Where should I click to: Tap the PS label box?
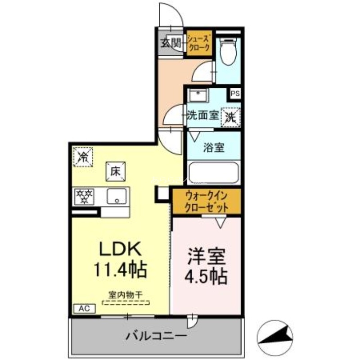(234, 94)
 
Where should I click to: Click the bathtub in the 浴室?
(214, 172)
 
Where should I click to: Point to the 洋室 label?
(207, 256)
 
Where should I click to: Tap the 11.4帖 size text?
(120, 270)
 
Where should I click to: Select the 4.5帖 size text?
(207, 276)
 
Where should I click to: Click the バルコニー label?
(156, 335)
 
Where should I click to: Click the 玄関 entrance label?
(171, 43)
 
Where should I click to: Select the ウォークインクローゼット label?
(207, 202)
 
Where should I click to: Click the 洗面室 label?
(202, 115)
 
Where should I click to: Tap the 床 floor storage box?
(115, 171)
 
